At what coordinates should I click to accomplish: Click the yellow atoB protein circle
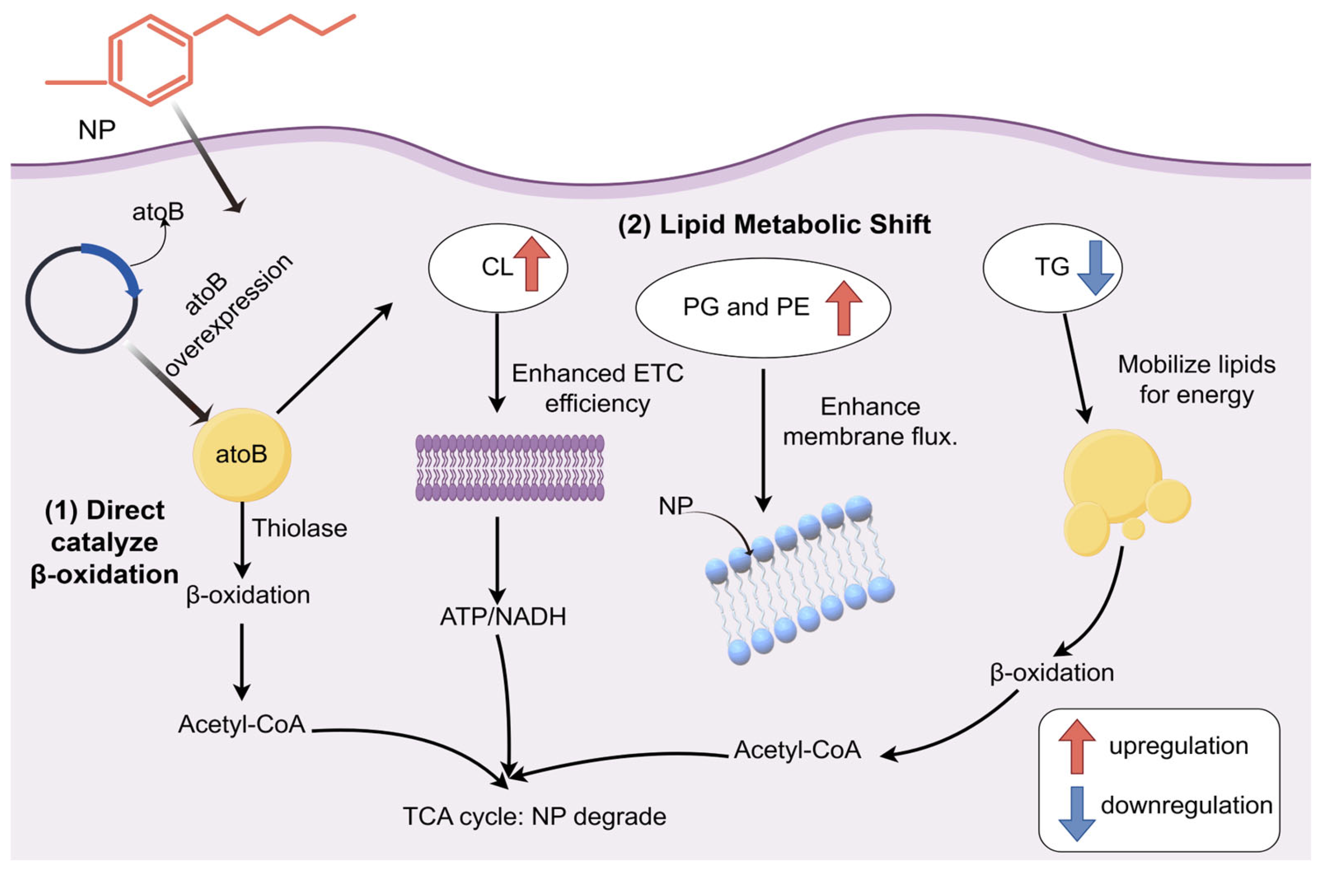coord(242,455)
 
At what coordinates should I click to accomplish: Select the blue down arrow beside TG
coord(1095,267)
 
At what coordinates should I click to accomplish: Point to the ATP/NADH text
coord(503,617)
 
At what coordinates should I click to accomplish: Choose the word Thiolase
coord(300,528)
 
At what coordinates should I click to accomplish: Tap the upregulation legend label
coord(1178,746)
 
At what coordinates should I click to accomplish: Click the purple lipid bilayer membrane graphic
coord(509,468)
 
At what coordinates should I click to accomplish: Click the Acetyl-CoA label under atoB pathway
coord(242,724)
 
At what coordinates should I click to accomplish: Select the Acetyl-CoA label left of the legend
coord(797,750)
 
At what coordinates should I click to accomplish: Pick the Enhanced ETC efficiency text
coord(597,388)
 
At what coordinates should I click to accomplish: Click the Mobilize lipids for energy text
coord(1196,380)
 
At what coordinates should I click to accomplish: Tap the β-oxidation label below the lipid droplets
coord(1052,673)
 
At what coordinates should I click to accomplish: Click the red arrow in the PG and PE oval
coord(843,307)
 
